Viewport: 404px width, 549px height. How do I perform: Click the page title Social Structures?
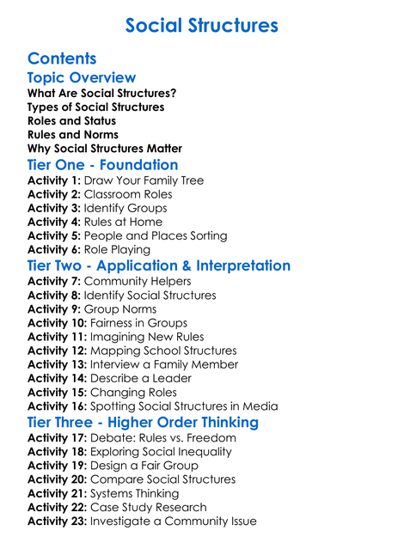tap(201, 26)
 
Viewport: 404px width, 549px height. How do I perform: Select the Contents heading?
tap(62, 59)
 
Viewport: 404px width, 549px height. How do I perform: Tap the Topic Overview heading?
tap(82, 78)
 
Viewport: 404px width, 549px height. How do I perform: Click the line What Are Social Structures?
tap(102, 94)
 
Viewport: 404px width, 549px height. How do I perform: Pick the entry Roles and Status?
tap(71, 121)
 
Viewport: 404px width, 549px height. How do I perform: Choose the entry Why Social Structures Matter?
tap(105, 149)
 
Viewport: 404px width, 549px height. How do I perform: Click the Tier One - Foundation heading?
tap(103, 165)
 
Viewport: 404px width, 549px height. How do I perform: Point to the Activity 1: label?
tap(53, 181)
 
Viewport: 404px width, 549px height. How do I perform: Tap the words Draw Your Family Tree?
tap(144, 181)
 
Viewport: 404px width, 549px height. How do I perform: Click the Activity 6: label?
tap(53, 250)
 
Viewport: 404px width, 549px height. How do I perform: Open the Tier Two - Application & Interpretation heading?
tap(159, 266)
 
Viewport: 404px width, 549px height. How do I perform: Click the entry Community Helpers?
tap(138, 282)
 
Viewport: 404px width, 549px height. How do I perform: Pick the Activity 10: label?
tap(57, 323)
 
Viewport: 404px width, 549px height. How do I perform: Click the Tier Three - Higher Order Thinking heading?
tap(143, 423)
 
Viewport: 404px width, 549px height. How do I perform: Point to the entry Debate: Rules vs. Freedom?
tap(162, 438)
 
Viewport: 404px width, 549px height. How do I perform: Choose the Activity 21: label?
tap(57, 493)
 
